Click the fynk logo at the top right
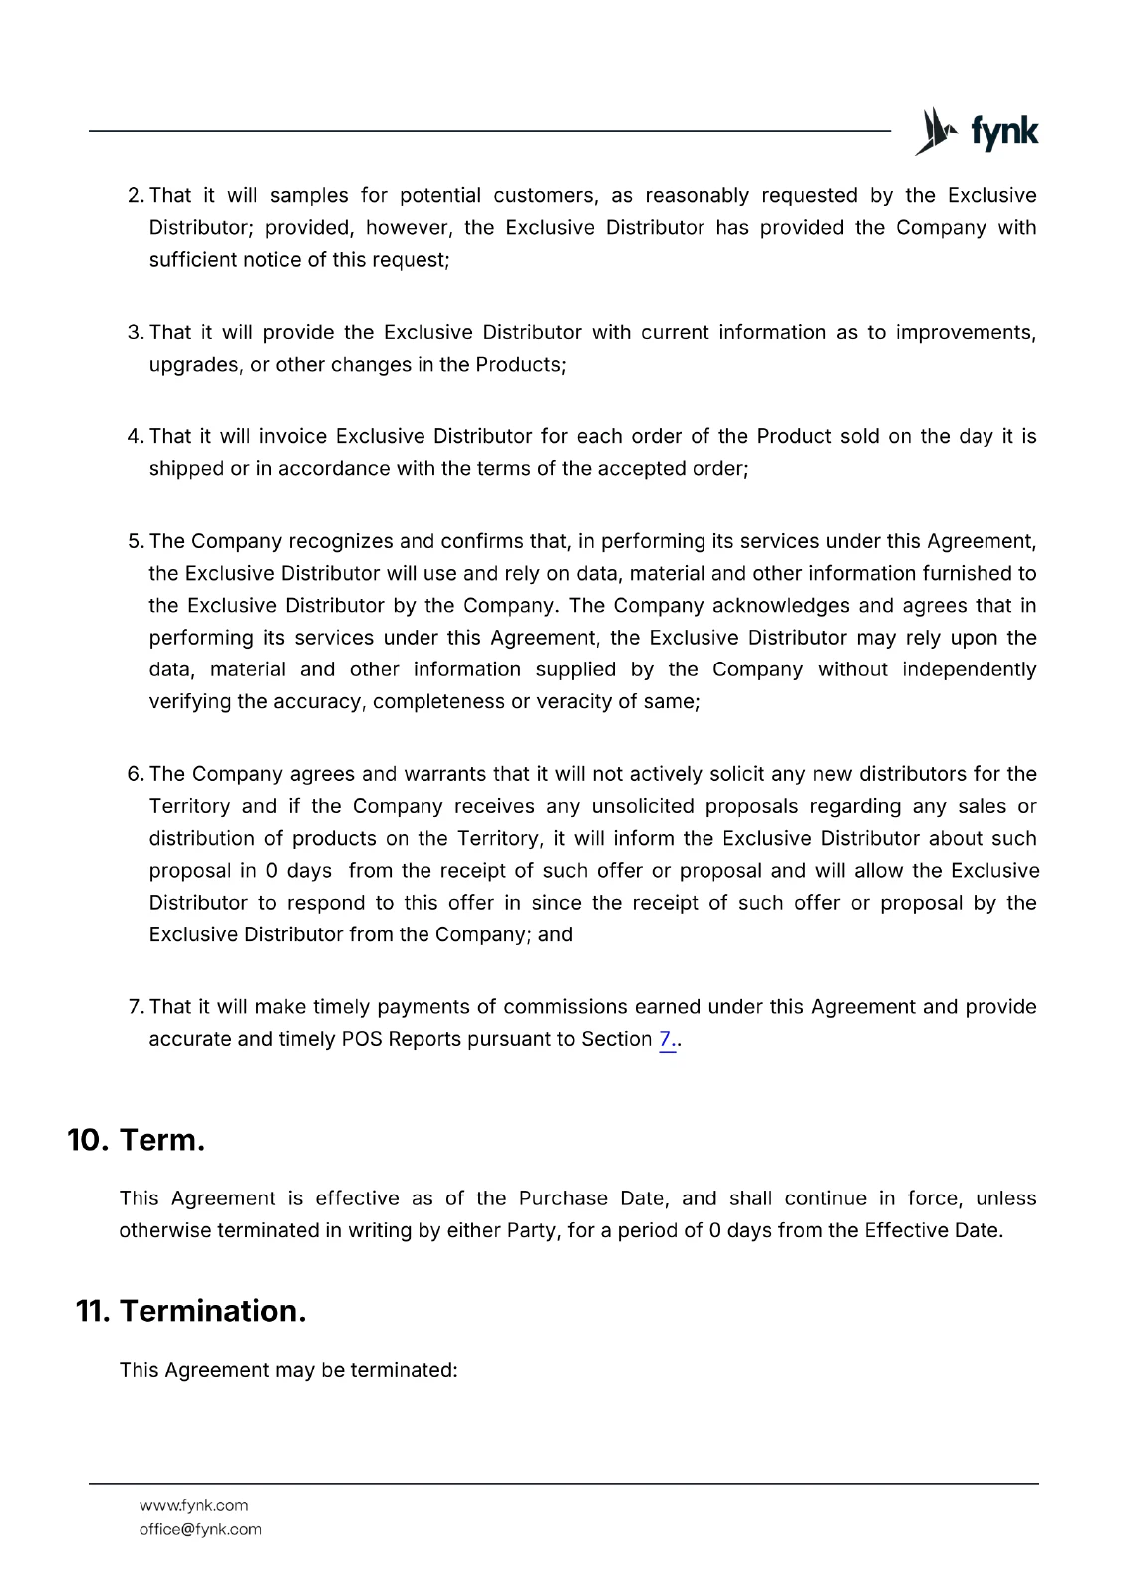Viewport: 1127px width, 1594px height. click(977, 132)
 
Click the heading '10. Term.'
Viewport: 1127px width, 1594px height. click(136, 1140)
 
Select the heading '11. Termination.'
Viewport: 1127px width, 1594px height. click(190, 1311)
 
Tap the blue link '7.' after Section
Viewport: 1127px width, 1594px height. click(666, 1039)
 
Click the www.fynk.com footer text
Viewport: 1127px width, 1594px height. click(193, 1505)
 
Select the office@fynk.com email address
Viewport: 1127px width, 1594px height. click(200, 1529)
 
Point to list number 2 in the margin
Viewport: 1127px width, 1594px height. click(136, 196)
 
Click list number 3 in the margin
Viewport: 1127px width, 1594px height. click(136, 333)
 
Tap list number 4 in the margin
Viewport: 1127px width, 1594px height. click(136, 437)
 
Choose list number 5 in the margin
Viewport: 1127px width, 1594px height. click(136, 542)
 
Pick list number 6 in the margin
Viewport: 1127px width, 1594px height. click(136, 775)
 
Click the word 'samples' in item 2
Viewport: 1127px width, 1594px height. click(309, 196)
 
